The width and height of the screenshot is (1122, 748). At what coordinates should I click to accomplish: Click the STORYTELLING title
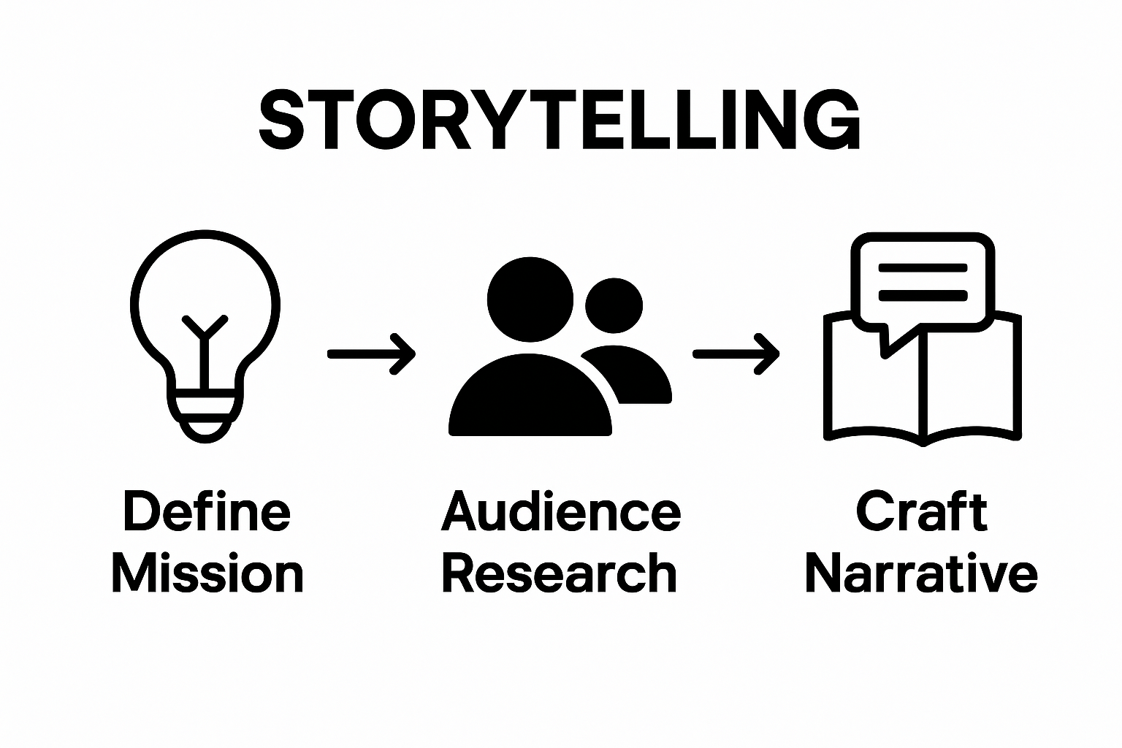(x=560, y=121)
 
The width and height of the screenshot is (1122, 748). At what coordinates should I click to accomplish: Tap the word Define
(x=207, y=511)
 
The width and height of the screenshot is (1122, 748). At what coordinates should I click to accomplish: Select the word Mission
(x=207, y=574)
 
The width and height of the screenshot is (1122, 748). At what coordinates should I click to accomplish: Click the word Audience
(x=561, y=511)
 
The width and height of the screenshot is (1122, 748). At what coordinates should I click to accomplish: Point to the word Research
(x=560, y=574)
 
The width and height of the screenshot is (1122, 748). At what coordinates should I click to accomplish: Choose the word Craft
(x=921, y=511)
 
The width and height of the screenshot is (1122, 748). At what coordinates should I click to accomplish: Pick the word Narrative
(x=921, y=574)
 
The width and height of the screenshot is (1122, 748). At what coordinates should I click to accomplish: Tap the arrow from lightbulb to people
(x=371, y=354)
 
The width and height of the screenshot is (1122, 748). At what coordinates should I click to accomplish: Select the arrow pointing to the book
(x=736, y=354)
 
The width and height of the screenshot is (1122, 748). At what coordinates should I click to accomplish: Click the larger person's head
(x=530, y=299)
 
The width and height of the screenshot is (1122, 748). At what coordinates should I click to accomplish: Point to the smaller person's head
(x=614, y=306)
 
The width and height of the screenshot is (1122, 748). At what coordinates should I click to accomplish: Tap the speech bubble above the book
(x=923, y=281)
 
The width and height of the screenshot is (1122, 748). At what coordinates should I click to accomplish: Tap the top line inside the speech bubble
(x=923, y=268)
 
